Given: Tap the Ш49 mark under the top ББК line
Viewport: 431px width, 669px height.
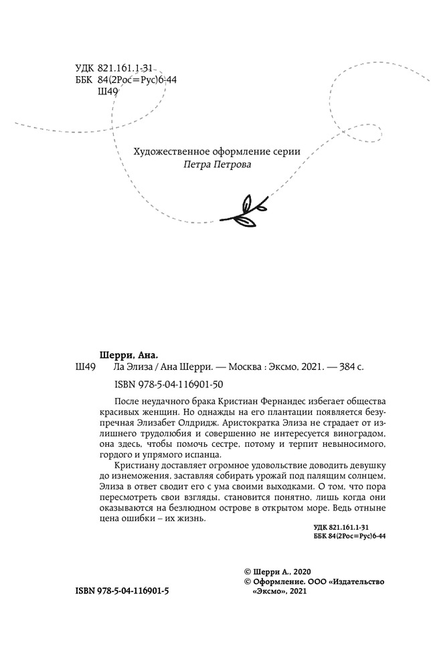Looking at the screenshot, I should point(108,92).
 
